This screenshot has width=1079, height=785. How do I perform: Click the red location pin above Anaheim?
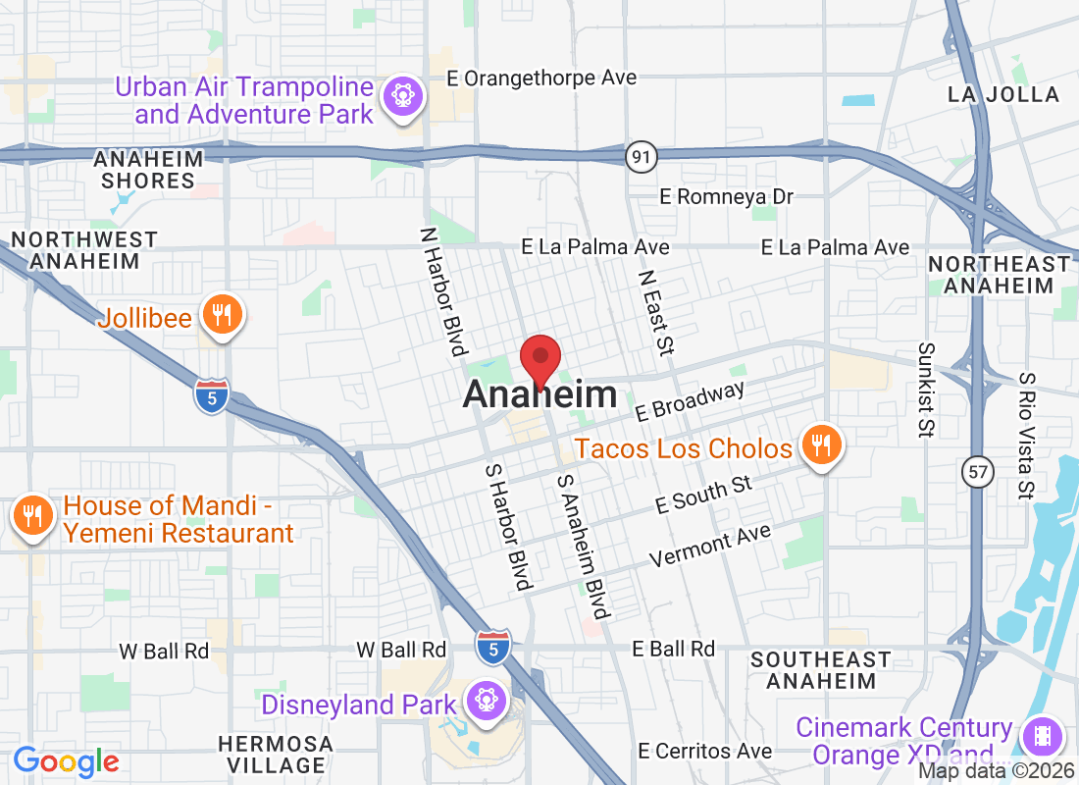[539, 359]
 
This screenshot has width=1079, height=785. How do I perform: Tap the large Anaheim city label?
[539, 395]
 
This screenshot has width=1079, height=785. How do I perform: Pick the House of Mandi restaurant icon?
[33, 516]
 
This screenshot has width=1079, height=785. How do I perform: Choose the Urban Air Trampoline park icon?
[402, 96]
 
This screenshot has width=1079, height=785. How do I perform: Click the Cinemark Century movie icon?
[1042, 736]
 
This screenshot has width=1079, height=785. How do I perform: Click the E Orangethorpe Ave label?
[540, 78]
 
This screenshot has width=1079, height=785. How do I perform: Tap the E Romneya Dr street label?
[726, 197]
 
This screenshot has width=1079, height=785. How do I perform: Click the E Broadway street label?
[690, 402]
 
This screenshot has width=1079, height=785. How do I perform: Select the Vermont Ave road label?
[710, 546]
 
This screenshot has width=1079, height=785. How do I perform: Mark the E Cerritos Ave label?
[704, 752]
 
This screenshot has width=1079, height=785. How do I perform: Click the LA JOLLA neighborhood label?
[1002, 94]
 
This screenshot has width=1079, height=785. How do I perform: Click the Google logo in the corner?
[66, 761]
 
